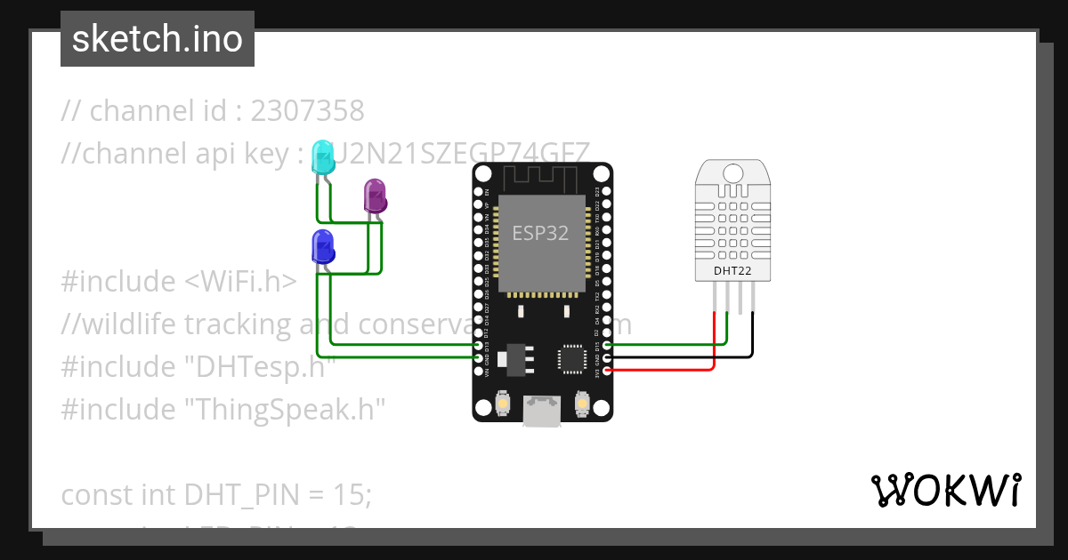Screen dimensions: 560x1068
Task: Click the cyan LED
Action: click(321, 157)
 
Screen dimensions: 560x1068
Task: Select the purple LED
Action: click(376, 196)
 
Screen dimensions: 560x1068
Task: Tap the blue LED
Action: click(322, 246)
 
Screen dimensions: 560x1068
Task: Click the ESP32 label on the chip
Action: click(540, 233)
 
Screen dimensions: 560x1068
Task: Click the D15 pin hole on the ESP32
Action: click(607, 345)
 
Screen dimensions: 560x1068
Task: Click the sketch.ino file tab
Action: click(157, 39)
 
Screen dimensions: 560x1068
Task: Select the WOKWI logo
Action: click(945, 491)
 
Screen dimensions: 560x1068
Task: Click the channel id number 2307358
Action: click(307, 111)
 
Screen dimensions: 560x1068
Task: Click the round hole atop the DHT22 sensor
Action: click(733, 172)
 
